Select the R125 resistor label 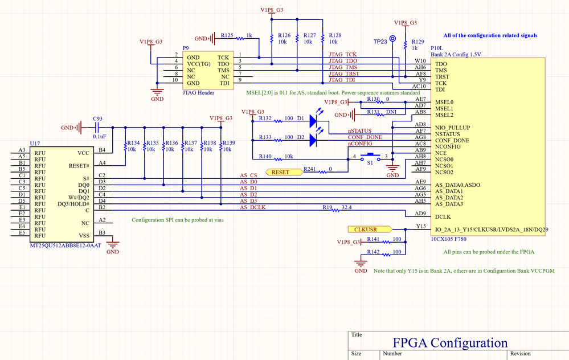point(227,35)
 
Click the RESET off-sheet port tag point(280,171)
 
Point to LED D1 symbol point(314,121)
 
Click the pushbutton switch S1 point(373,157)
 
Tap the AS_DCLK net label point(253,207)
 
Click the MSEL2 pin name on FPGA point(444,114)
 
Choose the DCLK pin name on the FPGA point(444,217)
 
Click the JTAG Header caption point(198,92)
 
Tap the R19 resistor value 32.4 point(346,208)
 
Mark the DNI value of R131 point(391,112)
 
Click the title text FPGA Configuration point(450,342)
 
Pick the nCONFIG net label point(361,144)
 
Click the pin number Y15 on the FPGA point(421,226)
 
